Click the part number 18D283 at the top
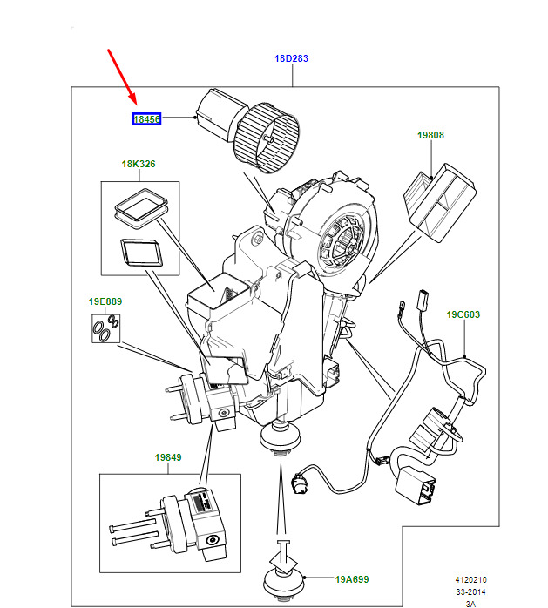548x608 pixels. coord(292,58)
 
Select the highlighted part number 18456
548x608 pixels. coord(146,119)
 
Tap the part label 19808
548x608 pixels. coord(430,135)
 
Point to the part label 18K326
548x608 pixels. coord(139,164)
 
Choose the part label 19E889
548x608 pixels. coord(105,301)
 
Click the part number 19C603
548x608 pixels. coord(463,314)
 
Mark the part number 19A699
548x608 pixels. coord(353,578)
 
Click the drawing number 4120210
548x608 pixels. coord(470,578)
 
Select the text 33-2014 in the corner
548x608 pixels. coord(470,591)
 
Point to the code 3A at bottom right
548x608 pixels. coord(470,603)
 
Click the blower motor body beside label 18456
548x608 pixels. coord(214,114)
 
